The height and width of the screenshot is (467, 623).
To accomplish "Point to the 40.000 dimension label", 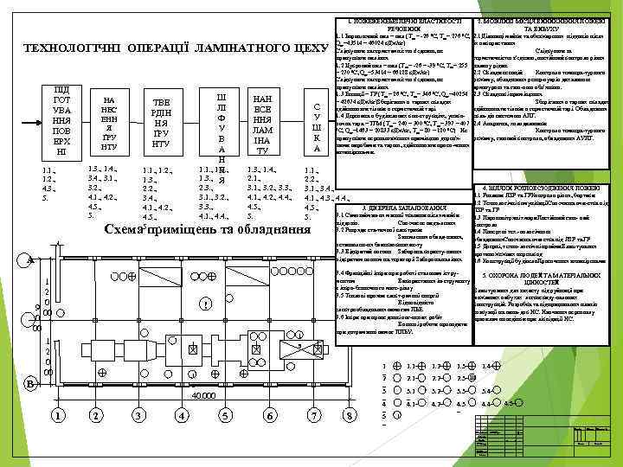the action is pyautogui.click(x=203, y=395).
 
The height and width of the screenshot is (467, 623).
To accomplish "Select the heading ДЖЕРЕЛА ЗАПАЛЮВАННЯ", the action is pyautogui.click(x=423, y=208).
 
